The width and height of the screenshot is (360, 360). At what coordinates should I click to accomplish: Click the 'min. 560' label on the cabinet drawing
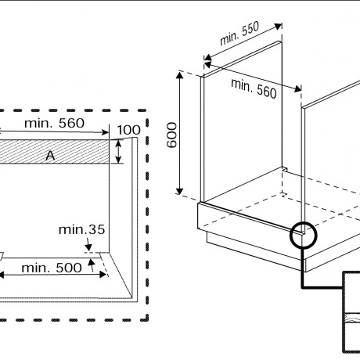[254, 87]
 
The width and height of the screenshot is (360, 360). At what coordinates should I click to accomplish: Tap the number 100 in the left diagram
[128, 129]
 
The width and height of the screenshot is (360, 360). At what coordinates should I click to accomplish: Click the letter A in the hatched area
[50, 156]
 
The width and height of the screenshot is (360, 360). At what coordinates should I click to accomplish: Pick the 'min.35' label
[81, 230]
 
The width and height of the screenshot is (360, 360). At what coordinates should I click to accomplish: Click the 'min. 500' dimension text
[51, 268]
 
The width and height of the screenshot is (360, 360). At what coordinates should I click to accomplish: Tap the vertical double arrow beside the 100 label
[118, 151]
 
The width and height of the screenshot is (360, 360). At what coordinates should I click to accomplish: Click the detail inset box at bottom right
[351, 313]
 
